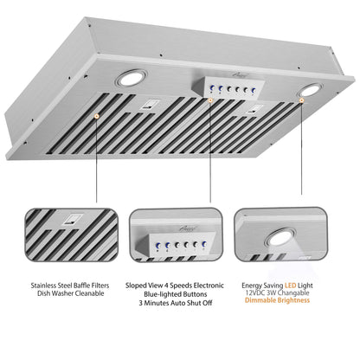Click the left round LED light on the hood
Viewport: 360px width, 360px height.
click(x=133, y=80)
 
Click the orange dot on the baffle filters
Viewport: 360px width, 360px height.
click(x=96, y=113)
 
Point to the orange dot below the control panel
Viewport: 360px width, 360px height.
click(x=211, y=102)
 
